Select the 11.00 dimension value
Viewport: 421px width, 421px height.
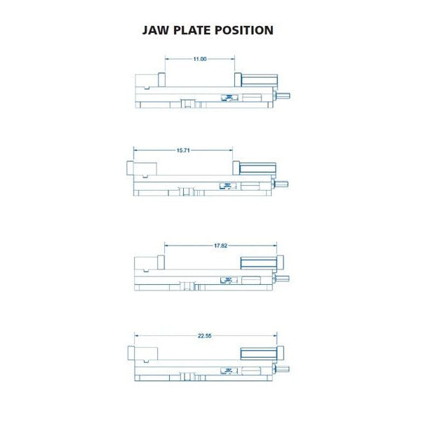pyautogui.click(x=200, y=59)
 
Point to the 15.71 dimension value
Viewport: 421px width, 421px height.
pyautogui.click(x=183, y=150)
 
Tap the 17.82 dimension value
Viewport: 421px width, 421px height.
pyautogui.click(x=220, y=246)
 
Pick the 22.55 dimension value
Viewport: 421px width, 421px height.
pyautogui.click(x=205, y=336)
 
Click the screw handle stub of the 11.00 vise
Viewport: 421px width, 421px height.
pyautogui.click(x=283, y=95)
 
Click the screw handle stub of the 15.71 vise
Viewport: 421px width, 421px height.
pyautogui.click(x=281, y=184)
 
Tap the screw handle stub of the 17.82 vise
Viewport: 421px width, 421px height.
pyautogui.click(x=282, y=279)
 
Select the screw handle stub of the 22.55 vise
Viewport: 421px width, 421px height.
pyautogui.click(x=282, y=369)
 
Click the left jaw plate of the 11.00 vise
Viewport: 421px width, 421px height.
pyautogui.click(x=161, y=80)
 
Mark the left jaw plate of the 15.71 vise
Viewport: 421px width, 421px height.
pyautogui.click(x=130, y=168)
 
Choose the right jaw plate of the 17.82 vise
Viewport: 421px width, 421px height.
pyautogui.click(x=280, y=262)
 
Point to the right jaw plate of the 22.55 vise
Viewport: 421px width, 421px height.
pyautogui.click(x=280, y=353)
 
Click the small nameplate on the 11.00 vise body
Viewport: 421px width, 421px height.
pyautogui.click(x=229, y=98)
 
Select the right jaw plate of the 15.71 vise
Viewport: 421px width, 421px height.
pyautogui.click(x=236, y=168)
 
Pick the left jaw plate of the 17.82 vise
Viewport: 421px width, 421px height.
pyautogui.click(x=161, y=262)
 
